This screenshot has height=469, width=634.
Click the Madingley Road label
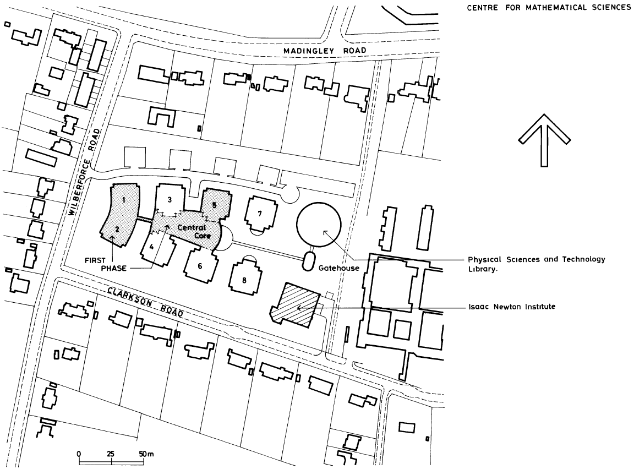pyautogui.click(x=325, y=51)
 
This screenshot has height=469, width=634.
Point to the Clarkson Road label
pyautogui.click(x=145, y=301)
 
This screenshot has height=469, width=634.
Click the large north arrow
pyautogui.click(x=544, y=140)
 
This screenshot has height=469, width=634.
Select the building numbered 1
pyautogui.click(x=124, y=200)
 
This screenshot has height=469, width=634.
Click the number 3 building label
pyautogui.click(x=170, y=199)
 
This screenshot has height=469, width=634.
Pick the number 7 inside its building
pyautogui.click(x=260, y=213)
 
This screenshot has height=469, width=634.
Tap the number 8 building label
pyautogui.click(x=244, y=280)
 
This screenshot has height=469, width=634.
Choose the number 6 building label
pyautogui.click(x=200, y=266)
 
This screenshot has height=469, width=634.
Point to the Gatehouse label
pyautogui.click(x=339, y=268)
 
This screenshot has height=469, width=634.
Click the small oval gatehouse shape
pyautogui.click(x=309, y=261)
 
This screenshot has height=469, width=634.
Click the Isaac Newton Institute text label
pyautogui.click(x=512, y=307)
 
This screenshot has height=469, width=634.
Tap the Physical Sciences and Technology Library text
pyautogui.click(x=537, y=264)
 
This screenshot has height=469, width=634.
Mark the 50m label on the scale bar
pyautogui.click(x=146, y=454)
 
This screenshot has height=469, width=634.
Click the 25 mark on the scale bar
pyautogui.click(x=111, y=454)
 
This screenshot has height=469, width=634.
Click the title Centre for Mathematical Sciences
pyautogui.click(x=549, y=7)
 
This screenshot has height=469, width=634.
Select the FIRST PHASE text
pyautogui.click(x=106, y=264)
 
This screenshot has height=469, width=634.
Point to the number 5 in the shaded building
pyautogui.click(x=214, y=205)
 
